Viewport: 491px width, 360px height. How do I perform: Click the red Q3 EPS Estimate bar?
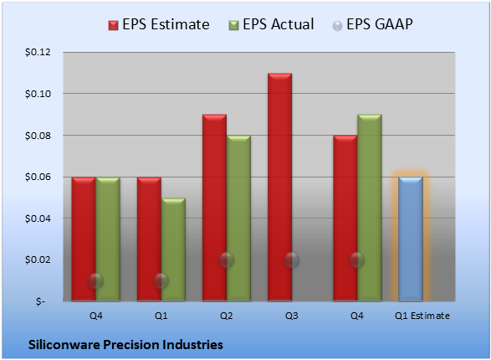(280, 187)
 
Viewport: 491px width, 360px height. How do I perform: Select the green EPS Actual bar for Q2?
(238, 218)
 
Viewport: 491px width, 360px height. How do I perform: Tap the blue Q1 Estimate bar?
(411, 239)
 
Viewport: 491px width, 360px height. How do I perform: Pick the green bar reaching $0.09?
(370, 208)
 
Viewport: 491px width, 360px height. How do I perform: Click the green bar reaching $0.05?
(173, 249)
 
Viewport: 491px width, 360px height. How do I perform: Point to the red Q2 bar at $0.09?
(214, 208)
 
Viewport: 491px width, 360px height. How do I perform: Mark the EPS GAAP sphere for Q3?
(292, 260)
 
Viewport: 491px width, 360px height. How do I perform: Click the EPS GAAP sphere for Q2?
(227, 260)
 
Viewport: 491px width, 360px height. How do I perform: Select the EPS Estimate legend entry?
(159, 24)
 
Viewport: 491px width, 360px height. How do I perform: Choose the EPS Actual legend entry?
(271, 24)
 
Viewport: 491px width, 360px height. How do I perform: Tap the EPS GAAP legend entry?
(372, 24)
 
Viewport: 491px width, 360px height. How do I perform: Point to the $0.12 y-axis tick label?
(38, 52)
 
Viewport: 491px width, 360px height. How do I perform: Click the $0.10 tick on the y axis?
(38, 94)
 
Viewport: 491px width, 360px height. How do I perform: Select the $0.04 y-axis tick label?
(38, 219)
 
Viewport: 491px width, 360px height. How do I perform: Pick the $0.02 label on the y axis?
(38, 260)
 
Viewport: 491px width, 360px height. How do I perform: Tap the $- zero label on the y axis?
(40, 301)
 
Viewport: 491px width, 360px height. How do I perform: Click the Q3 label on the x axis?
(292, 316)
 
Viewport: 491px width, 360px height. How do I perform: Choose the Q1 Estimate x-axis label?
(422, 316)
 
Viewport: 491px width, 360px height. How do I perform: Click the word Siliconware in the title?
(64, 345)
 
